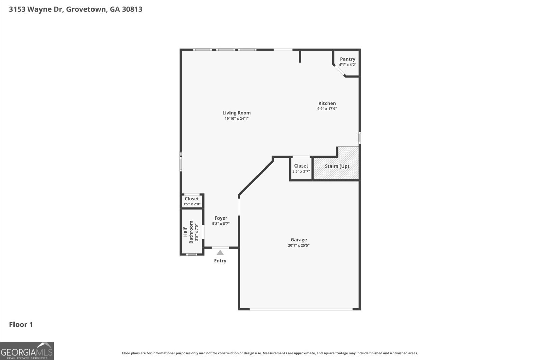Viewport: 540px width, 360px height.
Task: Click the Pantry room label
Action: tap(347, 59)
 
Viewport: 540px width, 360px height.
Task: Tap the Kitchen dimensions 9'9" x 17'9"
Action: tap(327, 109)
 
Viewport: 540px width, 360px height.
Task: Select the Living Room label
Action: tap(237, 113)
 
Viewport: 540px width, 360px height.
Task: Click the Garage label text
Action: tap(299, 240)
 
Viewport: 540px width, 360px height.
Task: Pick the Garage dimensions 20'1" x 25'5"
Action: tap(299, 246)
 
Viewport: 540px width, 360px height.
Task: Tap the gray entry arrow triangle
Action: tap(220, 253)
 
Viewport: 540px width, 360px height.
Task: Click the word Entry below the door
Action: tap(220, 261)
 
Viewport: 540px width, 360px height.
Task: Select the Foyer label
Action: tap(221, 218)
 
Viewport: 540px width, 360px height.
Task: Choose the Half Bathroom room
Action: tap(191, 232)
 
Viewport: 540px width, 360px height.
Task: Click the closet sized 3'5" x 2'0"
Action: tap(192, 201)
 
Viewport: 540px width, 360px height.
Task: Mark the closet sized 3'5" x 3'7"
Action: tap(301, 168)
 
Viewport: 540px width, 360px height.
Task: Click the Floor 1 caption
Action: tap(21, 325)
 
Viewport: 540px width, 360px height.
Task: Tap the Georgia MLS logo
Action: tap(27, 351)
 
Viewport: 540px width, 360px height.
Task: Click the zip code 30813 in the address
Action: tap(132, 9)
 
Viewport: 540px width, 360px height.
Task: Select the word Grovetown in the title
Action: tap(86, 9)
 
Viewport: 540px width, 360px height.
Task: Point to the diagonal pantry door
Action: tap(339, 71)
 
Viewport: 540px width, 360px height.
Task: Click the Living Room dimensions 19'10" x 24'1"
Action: tap(237, 119)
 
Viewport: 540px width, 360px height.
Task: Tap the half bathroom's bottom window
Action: tap(192, 254)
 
